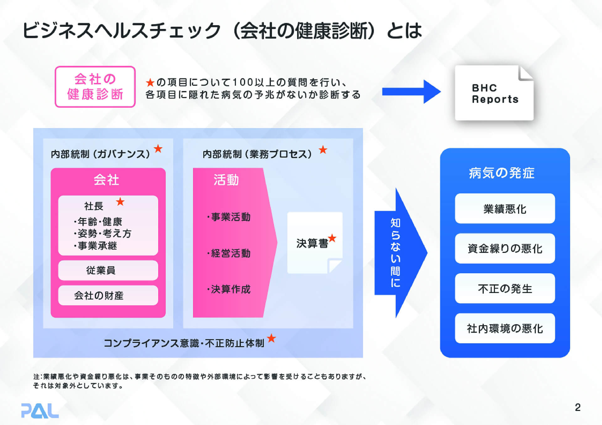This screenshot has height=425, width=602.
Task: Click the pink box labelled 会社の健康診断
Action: pos(95,87)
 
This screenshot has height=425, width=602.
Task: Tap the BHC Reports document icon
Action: pos(494,93)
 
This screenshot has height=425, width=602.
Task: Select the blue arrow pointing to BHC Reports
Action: pos(411,92)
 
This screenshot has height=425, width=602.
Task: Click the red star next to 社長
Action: pos(120,202)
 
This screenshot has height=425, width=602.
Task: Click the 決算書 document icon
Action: pos(314,243)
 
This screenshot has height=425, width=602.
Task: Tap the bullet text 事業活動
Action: pos(229,217)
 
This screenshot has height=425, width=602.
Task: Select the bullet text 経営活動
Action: pos(229,253)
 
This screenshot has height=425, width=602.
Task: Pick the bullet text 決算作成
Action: pos(229,289)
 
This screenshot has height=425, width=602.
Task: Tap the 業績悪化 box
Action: pos(505,209)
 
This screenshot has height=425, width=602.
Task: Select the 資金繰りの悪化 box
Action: pos(505,249)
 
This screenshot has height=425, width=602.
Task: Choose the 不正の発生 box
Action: pos(505,288)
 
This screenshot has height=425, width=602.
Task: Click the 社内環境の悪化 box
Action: pos(505,328)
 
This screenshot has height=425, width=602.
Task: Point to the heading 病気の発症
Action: pos(502,173)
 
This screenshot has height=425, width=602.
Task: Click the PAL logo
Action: pos(40,411)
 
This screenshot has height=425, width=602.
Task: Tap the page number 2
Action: pos(578,407)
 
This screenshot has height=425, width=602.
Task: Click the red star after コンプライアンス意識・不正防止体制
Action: pos(272,338)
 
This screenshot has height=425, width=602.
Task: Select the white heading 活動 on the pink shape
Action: pos(226,180)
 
